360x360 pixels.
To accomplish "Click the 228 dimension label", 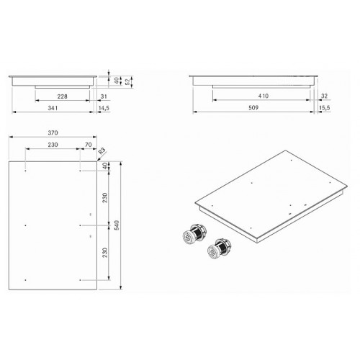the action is click(x=63, y=96).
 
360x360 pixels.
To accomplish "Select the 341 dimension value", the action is click(x=53, y=108).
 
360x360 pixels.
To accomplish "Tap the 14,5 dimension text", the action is click(x=104, y=108).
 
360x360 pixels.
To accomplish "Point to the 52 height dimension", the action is click(x=128, y=81).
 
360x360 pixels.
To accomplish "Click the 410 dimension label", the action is click(x=264, y=96).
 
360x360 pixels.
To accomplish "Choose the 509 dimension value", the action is click(x=253, y=108).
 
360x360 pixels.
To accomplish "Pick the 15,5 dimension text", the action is click(x=325, y=108).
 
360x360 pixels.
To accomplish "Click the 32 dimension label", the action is click(x=324, y=96).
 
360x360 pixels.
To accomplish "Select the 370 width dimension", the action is click(x=53, y=132).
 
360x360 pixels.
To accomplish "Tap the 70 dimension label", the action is click(x=89, y=145).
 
